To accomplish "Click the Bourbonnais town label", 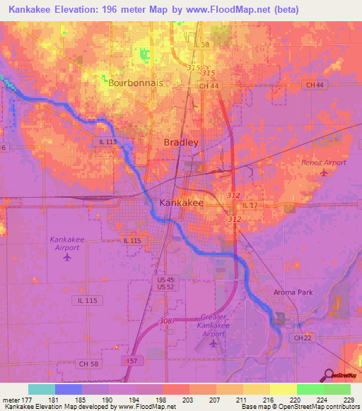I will tap(136, 83).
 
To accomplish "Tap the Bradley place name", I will tap(181, 142).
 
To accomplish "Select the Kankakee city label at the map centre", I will tap(182, 203).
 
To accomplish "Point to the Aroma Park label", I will tap(292, 292).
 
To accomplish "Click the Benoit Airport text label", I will tap(323, 162).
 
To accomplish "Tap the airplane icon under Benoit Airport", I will tap(324, 172).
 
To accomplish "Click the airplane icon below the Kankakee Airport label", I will tap(68, 256).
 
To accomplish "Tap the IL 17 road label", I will tap(252, 205).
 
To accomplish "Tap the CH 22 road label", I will tap(303, 338).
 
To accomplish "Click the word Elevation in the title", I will tap(88, 10).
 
